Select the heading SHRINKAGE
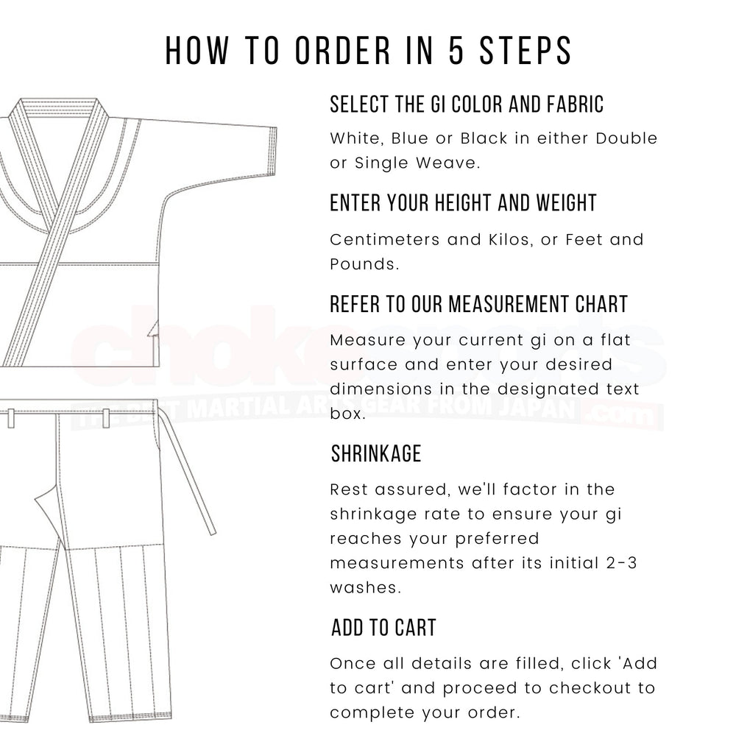[x=375, y=454]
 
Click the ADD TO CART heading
[x=383, y=628]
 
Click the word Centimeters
[x=387, y=240]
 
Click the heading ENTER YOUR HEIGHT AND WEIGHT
[x=463, y=203]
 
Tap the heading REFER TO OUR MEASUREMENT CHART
[x=478, y=304]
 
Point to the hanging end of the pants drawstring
[x=211, y=526]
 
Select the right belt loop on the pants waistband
[x=106, y=418]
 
